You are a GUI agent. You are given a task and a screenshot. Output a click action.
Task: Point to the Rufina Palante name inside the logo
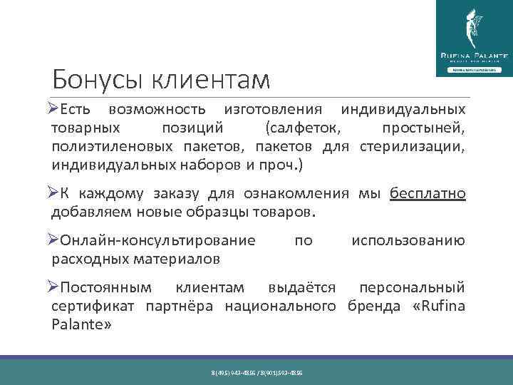473,55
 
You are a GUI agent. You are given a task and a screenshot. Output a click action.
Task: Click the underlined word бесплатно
427,193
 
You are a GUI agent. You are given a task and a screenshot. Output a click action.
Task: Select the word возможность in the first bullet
157,111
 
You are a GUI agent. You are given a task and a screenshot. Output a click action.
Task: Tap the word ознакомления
295,193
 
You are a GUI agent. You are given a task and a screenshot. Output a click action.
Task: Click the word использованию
408,240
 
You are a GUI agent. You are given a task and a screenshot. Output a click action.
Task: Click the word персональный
412,287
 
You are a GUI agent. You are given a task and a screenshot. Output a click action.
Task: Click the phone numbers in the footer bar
256,373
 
